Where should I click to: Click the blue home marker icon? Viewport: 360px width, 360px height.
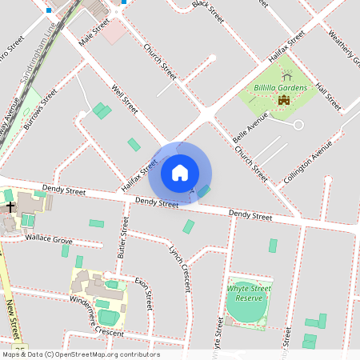(180, 172)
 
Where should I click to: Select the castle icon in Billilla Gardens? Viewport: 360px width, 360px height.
(283, 100)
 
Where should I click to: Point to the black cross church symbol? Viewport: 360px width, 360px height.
(10, 207)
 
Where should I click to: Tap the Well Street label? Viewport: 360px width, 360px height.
(126, 100)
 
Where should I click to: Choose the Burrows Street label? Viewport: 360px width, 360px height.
(41, 107)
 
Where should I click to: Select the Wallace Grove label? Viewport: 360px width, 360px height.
(48, 239)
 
